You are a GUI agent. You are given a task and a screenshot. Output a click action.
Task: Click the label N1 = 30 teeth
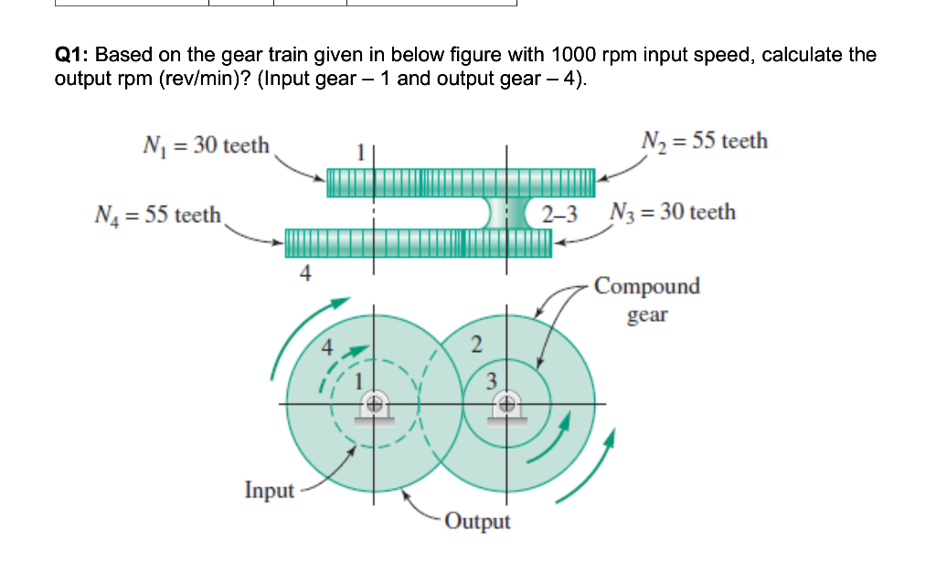pyautogui.click(x=207, y=145)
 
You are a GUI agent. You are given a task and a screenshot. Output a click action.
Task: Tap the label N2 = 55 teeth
pyautogui.click(x=705, y=141)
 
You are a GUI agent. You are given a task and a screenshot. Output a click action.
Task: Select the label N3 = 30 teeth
pyautogui.click(x=672, y=212)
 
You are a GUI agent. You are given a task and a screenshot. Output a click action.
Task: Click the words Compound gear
pyautogui.click(x=647, y=300)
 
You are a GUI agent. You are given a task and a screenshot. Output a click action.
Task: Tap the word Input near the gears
pyautogui.click(x=270, y=490)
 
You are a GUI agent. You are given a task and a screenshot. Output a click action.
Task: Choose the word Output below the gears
pyautogui.click(x=479, y=521)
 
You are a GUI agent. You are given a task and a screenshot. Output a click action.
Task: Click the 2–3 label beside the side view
pyautogui.click(x=559, y=216)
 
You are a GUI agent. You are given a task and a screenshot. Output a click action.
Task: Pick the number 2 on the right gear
pyautogui.click(x=474, y=345)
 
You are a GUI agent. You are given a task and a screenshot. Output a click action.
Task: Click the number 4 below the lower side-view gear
pyautogui.click(x=306, y=271)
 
